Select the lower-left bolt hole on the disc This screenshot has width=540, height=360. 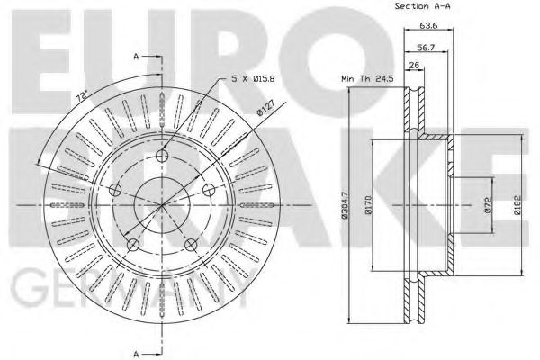point(133,244)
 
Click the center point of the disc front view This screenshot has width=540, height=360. point(161,206)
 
